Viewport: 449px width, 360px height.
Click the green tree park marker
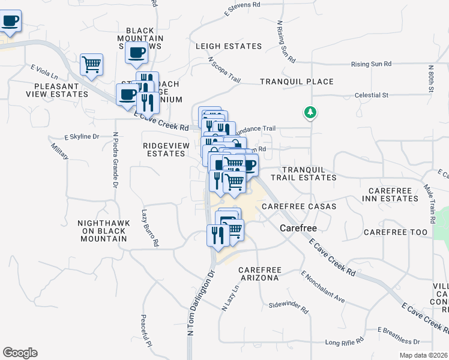310,112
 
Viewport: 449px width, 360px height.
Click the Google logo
20,353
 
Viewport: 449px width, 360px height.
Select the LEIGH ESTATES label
229,46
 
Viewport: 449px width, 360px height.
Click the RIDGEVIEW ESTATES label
164,149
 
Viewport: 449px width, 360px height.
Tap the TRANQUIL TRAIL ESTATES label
303,174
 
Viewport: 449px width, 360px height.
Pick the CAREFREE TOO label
396,232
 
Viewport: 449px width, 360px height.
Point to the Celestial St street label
372,95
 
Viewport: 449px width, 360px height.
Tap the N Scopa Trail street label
224,70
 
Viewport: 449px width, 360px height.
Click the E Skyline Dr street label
82,137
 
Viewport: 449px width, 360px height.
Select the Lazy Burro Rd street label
149,227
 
